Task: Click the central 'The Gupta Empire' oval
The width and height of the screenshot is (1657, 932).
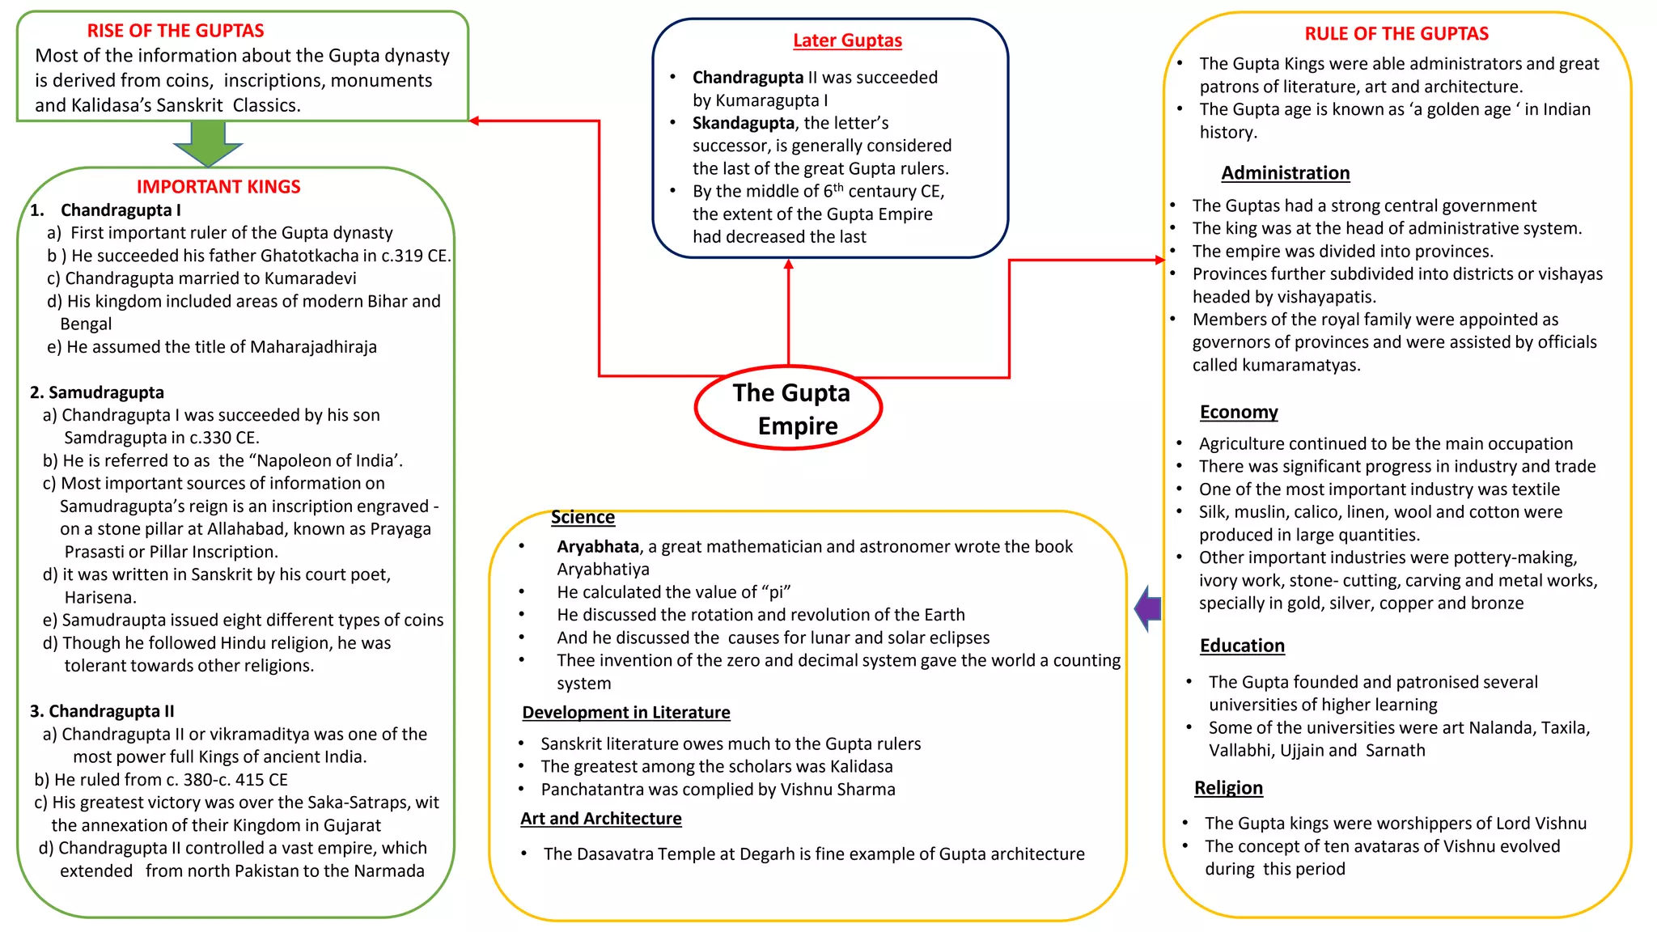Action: [x=788, y=408]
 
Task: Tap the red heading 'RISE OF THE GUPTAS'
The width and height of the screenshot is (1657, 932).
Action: [x=176, y=31]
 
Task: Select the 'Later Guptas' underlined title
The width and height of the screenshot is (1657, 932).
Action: [x=847, y=40]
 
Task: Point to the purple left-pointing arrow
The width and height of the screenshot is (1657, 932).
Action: [x=1149, y=608]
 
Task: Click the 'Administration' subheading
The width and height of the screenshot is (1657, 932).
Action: [x=1285, y=173]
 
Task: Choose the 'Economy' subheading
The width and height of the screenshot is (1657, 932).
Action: [x=1238, y=412]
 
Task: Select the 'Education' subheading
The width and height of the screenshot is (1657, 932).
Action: [x=1241, y=646]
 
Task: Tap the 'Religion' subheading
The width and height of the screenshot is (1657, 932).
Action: [x=1227, y=788]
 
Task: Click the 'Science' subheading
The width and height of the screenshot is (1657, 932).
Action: [x=583, y=517]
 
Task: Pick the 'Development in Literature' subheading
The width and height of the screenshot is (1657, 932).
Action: [x=625, y=713]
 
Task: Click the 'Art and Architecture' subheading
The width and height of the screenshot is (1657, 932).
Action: [x=600, y=819]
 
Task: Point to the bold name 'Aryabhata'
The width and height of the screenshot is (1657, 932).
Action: [x=597, y=547]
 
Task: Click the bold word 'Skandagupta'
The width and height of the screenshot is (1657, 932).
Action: [x=743, y=123]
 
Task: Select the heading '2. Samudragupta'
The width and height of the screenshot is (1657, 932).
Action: [x=96, y=392]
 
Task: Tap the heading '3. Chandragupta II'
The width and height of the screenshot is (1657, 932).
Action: [x=101, y=711]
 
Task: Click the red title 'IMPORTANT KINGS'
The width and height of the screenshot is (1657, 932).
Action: [x=218, y=187]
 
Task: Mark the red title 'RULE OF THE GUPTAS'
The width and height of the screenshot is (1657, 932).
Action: [x=1396, y=34]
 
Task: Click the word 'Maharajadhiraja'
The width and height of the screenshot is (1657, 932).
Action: [x=313, y=347]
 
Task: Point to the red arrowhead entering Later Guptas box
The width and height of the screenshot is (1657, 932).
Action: [x=788, y=265]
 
